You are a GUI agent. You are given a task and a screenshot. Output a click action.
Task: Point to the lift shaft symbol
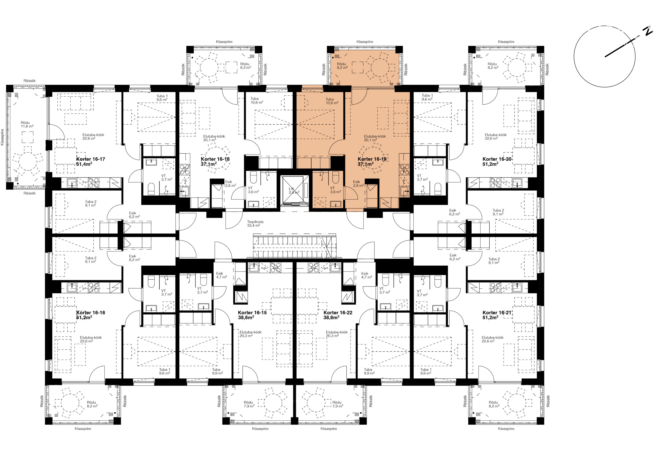coord(294,190)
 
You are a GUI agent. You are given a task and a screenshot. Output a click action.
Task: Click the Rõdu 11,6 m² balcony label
coord(27,125)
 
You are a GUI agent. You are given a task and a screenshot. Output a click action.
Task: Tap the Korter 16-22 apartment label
coord(338,315)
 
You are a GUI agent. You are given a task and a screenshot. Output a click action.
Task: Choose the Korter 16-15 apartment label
coord(253,315)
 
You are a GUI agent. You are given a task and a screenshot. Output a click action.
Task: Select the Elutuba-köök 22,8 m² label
coord(93,137)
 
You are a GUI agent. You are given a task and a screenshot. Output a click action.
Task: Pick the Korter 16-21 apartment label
coord(497,315)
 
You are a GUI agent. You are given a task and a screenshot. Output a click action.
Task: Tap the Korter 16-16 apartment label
coord(90,315)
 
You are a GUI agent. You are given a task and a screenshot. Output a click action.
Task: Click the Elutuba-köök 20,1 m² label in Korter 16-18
coord(214,138)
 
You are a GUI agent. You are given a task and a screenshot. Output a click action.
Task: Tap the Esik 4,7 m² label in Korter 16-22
coord(366,275)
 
